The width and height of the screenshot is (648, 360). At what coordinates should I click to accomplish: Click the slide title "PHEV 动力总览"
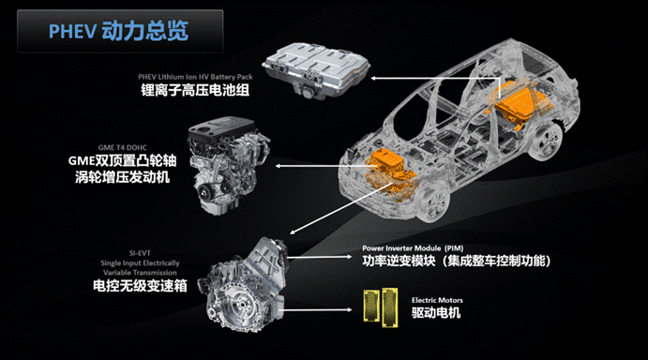pos(118,31)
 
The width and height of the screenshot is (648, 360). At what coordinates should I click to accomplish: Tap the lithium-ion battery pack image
pos(316,70)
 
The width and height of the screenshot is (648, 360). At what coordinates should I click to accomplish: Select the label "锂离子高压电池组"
pos(195,90)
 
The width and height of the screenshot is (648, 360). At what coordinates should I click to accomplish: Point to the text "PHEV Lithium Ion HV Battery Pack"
pos(195,77)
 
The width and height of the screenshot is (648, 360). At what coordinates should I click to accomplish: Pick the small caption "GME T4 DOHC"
pos(122,147)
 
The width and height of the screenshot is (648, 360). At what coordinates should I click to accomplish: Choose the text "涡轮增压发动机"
pos(122,177)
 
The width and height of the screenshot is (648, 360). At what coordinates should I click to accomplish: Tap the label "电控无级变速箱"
pos(140,286)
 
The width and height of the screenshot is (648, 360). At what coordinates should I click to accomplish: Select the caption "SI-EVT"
pos(140,253)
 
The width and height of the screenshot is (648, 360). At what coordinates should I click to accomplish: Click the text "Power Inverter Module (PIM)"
pos(413,248)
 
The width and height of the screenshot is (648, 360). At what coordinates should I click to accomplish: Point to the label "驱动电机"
pos(436,312)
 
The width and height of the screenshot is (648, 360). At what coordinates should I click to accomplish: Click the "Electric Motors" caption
pos(437,300)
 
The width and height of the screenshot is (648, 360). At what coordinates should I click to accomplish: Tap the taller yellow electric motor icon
pos(390,307)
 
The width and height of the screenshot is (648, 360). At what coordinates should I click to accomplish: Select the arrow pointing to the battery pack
pos(435,79)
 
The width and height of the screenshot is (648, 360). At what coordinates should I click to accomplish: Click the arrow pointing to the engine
pos(326,166)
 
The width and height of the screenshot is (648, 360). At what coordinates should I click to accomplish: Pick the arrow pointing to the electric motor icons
pos(318,309)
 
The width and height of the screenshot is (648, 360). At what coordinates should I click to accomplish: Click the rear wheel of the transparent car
pos(547,140)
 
